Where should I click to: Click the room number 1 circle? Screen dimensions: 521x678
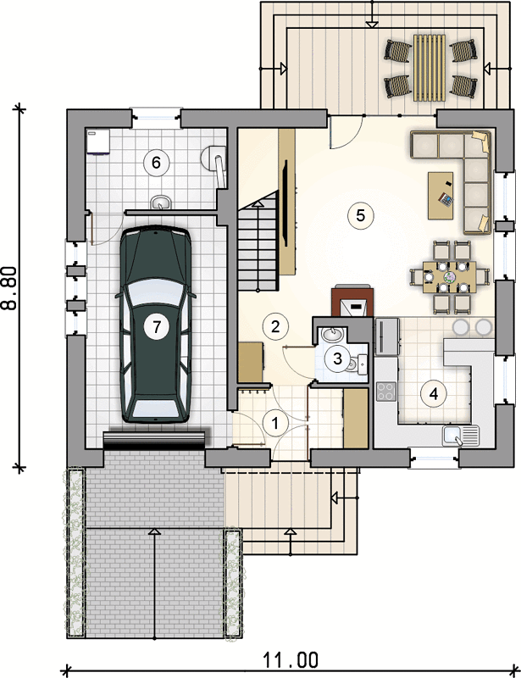pos(275,423)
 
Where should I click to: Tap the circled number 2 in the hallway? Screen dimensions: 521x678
pos(275,326)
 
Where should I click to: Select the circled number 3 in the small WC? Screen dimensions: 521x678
pos(338,358)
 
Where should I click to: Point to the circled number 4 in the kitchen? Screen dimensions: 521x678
pos(434,393)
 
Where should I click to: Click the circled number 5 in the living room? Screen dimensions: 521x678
pos(361,215)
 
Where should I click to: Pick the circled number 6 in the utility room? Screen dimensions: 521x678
pos(156,163)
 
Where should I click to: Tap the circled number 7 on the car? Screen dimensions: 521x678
pos(157,326)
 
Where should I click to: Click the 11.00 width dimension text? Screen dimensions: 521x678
pos(291,660)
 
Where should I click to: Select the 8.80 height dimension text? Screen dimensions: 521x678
pos(9,288)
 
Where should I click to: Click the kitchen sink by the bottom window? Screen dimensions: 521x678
pos(461,436)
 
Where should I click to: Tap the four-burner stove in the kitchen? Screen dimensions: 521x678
pos(386,392)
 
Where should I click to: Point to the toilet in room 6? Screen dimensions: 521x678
pos(215,164)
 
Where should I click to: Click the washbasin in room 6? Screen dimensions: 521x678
pos(161,203)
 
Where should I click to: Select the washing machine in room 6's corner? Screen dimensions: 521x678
pos(98,142)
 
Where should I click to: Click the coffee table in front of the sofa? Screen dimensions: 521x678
pos(441,196)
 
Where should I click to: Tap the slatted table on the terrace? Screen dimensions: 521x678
pos(430,68)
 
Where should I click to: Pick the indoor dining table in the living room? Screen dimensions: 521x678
pos(450,277)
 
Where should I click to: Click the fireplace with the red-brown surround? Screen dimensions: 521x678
pos(352,301)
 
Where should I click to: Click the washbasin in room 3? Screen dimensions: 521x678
pos(332,334)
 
